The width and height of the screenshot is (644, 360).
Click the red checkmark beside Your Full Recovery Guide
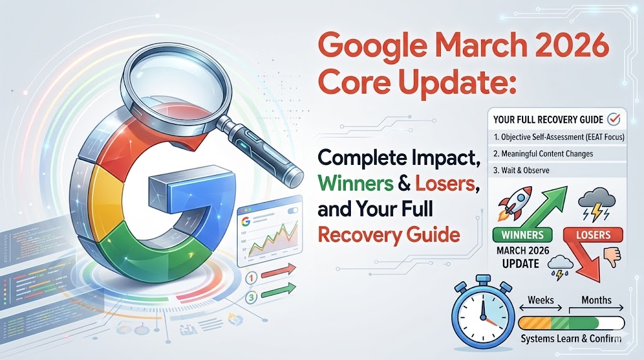coord(615,118)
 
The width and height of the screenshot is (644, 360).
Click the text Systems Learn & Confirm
coord(571,339)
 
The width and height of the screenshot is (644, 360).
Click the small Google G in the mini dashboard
coord(246,221)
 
